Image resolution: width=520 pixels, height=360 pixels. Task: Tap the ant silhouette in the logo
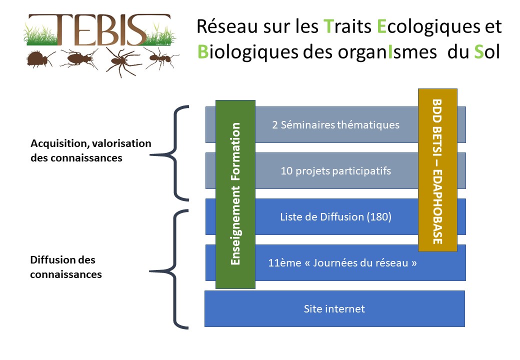(161, 58)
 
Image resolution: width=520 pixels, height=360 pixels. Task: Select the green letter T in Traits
(328, 26)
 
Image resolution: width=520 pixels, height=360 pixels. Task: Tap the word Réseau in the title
(227, 26)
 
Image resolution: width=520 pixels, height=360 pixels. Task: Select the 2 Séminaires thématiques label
(335, 125)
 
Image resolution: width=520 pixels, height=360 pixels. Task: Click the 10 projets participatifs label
(335, 171)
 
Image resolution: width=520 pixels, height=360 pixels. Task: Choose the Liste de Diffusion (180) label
(335, 217)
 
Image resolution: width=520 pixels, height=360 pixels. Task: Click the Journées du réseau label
(360, 263)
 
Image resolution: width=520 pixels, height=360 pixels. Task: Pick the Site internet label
(334, 309)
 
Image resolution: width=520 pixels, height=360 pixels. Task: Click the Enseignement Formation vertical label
(235, 194)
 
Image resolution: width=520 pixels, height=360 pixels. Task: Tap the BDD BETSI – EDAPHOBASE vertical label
(437, 171)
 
